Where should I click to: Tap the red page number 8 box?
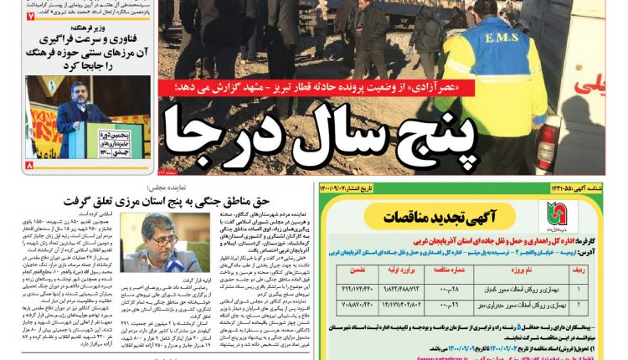30,165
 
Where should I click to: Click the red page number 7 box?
30,16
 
